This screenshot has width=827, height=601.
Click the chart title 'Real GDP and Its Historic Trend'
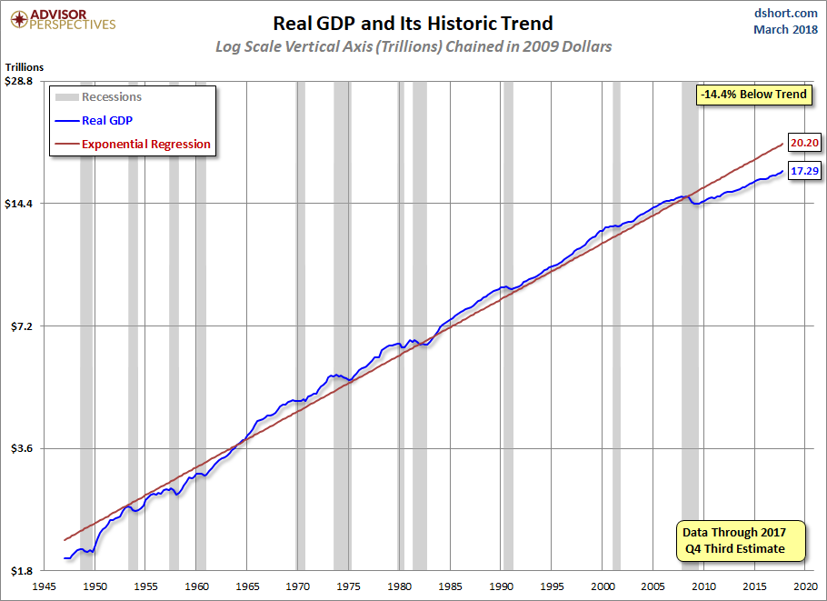click(413, 24)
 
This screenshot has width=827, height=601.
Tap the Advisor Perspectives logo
click(63, 20)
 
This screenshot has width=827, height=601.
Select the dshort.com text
click(785, 13)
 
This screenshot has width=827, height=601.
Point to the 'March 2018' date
click(785, 29)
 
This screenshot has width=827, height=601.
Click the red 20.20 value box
click(805, 143)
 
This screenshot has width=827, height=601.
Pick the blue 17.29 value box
click(805, 170)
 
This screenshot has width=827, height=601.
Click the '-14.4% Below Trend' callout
click(753, 95)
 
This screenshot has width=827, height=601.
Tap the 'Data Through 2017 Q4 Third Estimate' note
click(741, 540)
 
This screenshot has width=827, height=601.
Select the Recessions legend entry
click(99, 97)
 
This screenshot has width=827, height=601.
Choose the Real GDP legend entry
click(94, 120)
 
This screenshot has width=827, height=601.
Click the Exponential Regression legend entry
click(133, 144)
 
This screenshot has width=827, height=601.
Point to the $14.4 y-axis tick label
click(18, 203)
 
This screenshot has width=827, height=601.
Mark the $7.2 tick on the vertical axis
click(22, 326)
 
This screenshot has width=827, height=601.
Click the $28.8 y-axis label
click(18, 81)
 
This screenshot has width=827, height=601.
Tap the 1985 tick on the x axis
click(450, 586)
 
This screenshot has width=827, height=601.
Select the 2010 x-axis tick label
click(703, 586)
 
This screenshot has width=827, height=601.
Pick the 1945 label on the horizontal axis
click(45, 586)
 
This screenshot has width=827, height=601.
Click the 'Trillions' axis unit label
click(25, 67)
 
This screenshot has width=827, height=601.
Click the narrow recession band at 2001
click(616, 326)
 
